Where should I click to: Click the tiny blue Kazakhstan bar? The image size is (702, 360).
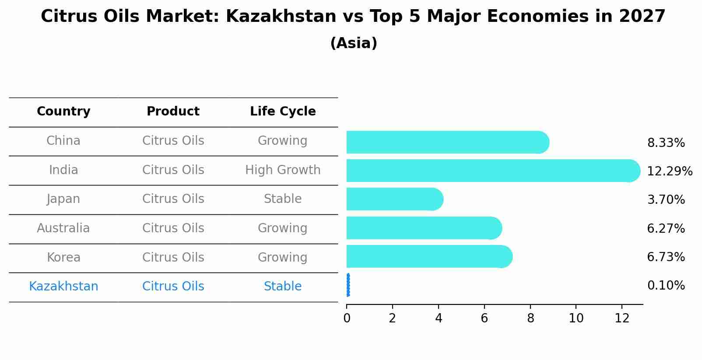(348, 285)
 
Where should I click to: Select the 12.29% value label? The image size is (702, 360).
(669, 171)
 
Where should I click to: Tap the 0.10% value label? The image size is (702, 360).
(666, 286)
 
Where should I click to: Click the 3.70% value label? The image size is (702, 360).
(666, 200)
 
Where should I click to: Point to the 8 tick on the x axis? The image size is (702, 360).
(530, 318)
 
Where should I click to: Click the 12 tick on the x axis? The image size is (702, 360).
(622, 318)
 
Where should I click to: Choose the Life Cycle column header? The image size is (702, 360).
(283, 112)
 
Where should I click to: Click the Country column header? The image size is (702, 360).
(63, 112)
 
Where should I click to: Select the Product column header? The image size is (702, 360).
(173, 112)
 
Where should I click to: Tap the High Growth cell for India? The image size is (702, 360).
(283, 170)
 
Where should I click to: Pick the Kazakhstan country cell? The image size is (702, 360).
(63, 287)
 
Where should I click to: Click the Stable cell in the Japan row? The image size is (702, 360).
(283, 199)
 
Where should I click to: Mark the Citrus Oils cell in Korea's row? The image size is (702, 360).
(173, 257)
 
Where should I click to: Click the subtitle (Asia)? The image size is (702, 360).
(354, 43)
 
